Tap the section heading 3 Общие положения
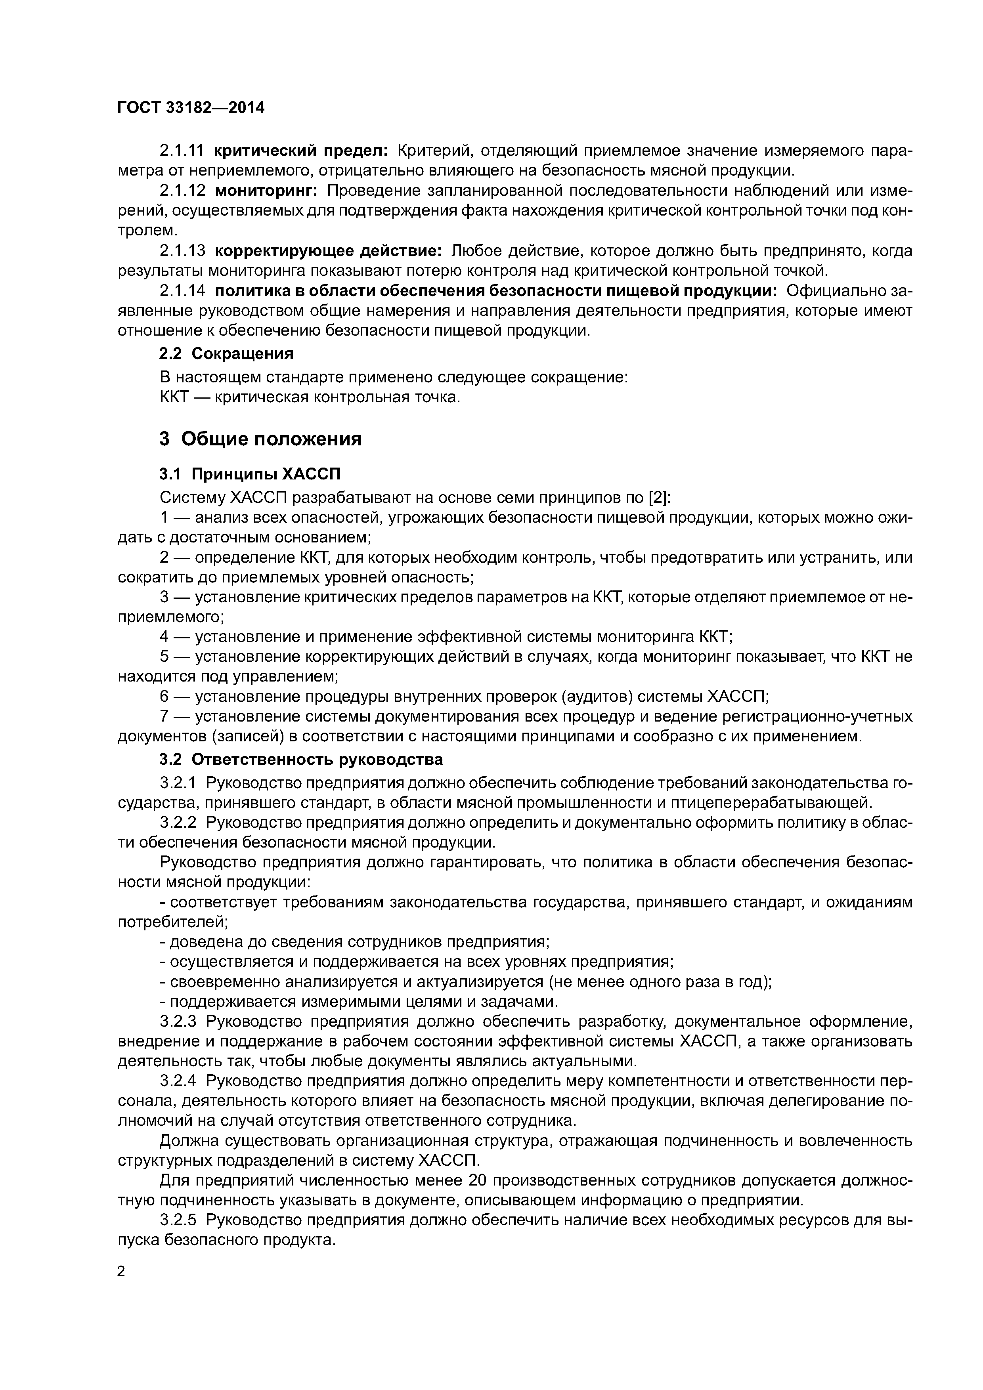coord(260,439)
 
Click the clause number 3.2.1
coord(178,783)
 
